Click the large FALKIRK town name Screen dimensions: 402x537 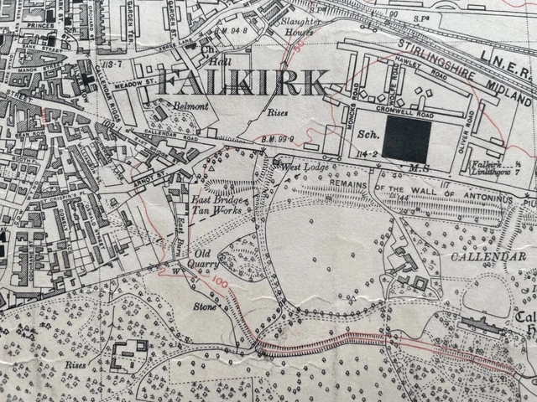tap(242, 84)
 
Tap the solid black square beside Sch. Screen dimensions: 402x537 tap(407, 139)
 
